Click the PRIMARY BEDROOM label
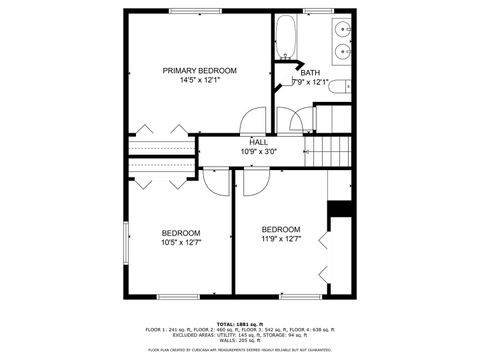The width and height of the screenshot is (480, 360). [200, 70]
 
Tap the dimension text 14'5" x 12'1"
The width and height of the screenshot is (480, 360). [200, 81]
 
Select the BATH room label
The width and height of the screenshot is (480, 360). [311, 72]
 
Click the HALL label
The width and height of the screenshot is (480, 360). [258, 142]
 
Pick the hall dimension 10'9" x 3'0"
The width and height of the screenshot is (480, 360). [258, 152]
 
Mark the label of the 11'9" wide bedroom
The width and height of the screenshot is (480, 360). [281, 228]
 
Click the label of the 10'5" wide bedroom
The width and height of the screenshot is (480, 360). [181, 232]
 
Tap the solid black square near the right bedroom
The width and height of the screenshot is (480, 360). [341, 208]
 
